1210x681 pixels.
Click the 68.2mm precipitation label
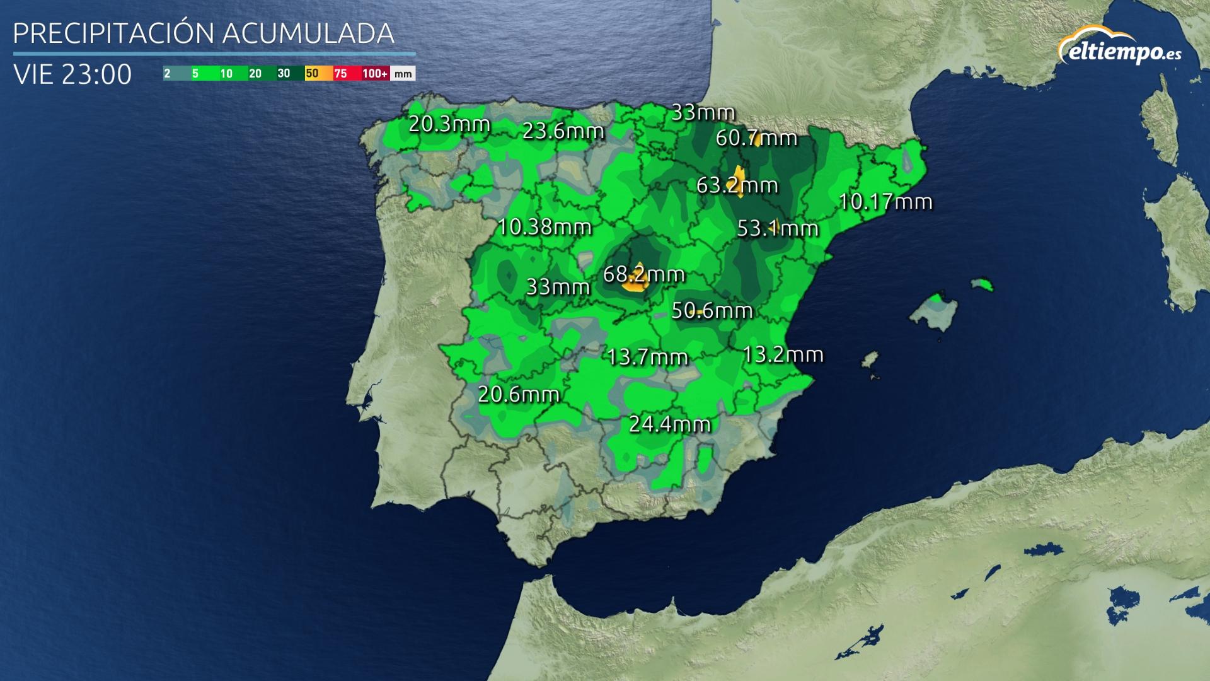tap(643, 275)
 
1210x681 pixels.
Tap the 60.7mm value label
tap(756, 138)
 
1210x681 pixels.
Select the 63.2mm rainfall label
tap(737, 185)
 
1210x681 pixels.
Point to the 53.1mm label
tap(778, 228)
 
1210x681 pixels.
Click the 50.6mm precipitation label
tap(712, 310)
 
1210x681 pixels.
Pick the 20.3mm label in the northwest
tap(449, 124)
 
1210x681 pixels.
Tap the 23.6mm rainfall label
tap(563, 131)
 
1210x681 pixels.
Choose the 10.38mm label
tap(544, 226)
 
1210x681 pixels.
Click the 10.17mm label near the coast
tap(885, 202)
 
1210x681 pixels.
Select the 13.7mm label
tap(647, 358)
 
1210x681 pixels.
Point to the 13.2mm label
tap(783, 355)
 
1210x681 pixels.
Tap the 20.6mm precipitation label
tap(519, 395)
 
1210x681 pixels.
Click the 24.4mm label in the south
tap(670, 424)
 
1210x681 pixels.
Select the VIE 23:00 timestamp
tap(72, 74)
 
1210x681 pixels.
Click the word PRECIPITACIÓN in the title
tap(115, 33)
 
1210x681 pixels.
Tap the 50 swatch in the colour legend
tap(313, 74)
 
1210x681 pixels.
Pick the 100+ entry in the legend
tap(374, 74)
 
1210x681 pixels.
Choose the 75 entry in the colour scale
tap(340, 74)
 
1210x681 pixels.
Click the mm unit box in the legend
tap(403, 74)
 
